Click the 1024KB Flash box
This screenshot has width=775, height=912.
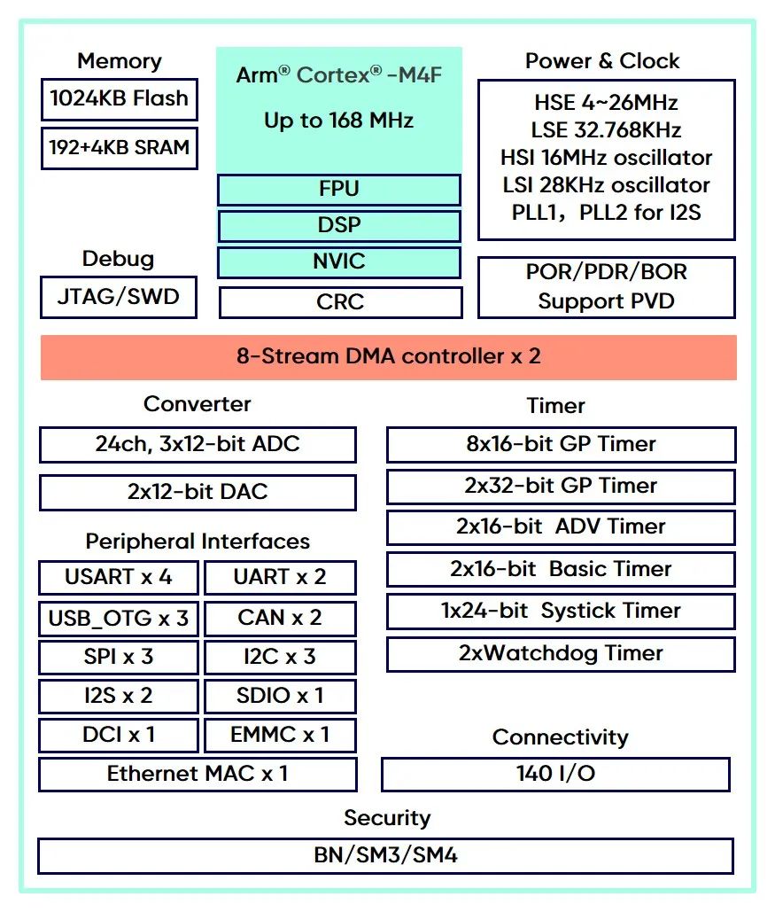coord(119,99)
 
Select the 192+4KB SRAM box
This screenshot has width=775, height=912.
coord(119,147)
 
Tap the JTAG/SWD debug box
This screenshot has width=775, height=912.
coord(119,297)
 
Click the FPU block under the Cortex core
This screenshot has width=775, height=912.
coord(339,190)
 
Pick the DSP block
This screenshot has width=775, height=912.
coord(339,226)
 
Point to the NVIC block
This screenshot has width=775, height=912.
coord(339,262)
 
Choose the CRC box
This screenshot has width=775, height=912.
coord(340,302)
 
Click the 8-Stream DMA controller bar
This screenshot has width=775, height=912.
coord(388,357)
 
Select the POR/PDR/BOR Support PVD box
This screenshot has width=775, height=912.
coord(606,287)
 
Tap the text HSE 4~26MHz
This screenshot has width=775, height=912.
coord(606,103)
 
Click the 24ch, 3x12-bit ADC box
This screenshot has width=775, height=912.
coord(198,444)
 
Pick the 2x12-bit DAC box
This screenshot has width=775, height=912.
coord(198,492)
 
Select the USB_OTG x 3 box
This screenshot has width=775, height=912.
coord(119,619)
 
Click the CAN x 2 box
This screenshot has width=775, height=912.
coord(280,619)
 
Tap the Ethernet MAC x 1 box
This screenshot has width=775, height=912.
coord(198,774)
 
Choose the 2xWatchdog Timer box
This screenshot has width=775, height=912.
coord(561,654)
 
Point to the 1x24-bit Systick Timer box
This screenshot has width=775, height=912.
coord(561,612)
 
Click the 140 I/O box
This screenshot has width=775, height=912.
coord(555,774)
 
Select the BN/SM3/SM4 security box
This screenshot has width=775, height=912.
coord(385,856)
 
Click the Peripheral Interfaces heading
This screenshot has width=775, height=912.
coord(198,542)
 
